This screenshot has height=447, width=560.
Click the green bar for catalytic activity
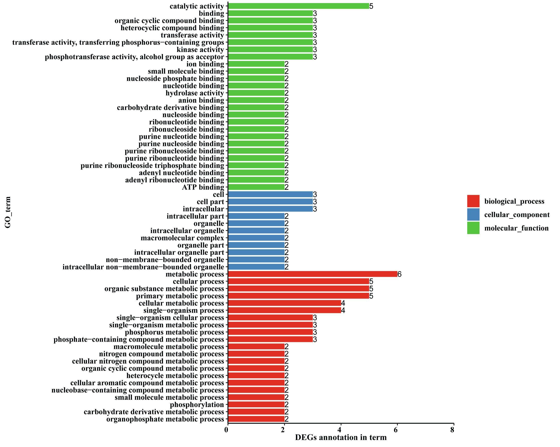point(298,6)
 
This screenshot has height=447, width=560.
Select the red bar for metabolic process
point(313,274)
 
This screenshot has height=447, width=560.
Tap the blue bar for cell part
point(270,202)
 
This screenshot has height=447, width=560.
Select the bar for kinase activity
point(270,49)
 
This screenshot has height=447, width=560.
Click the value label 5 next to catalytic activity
point(371,6)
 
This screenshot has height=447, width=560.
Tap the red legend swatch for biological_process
point(473,201)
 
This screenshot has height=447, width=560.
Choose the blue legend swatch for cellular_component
point(473,215)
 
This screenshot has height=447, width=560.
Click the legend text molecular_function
point(516,228)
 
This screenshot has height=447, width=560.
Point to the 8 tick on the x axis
point(453,430)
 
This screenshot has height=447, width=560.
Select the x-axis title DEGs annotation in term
point(341,438)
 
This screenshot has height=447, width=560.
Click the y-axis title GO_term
point(8,213)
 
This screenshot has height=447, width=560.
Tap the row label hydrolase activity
point(195,93)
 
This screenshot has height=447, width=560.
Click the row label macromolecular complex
point(182,238)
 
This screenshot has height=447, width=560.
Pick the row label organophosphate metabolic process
point(165,419)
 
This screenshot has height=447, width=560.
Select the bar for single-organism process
point(284,310)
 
